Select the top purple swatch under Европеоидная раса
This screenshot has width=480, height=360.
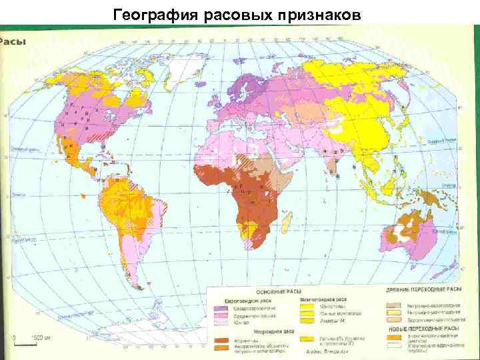(221, 308)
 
